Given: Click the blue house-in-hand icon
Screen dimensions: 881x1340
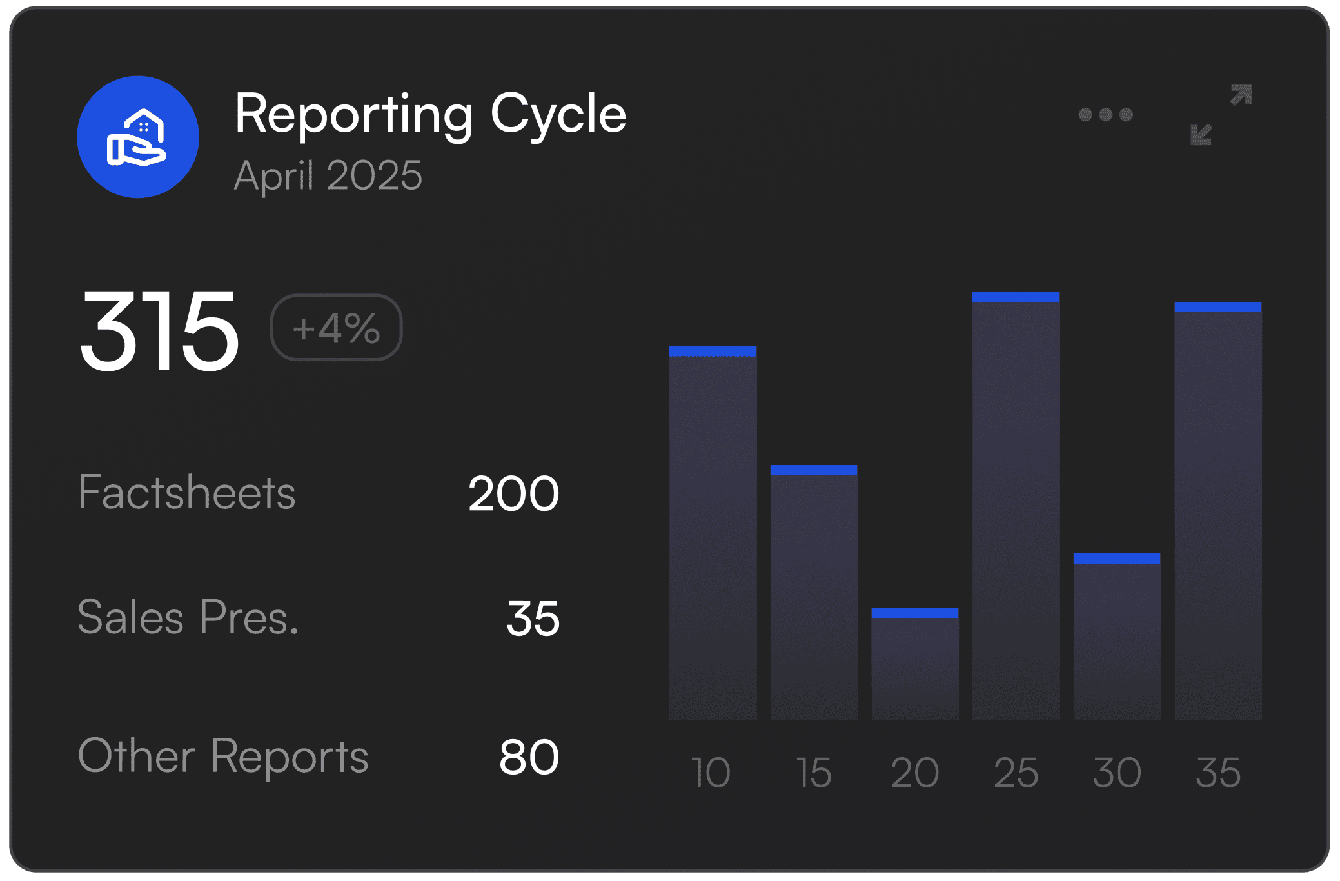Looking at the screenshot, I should (137, 137).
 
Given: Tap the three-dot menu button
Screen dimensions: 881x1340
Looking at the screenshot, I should (1105, 115).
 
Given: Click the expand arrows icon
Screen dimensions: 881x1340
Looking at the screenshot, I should (1221, 115).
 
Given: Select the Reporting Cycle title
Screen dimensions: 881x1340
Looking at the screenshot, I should (430, 114).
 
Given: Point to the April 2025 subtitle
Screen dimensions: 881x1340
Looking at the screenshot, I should (328, 175).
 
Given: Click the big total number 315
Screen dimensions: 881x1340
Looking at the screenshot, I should (159, 330).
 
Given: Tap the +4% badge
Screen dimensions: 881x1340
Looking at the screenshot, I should (336, 328).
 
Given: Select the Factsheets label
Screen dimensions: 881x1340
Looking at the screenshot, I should (187, 492).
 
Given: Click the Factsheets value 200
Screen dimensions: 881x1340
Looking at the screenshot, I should (513, 494).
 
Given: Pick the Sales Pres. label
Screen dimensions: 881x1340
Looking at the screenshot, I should (188, 617).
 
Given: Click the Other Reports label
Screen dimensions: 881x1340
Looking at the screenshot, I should (223, 756).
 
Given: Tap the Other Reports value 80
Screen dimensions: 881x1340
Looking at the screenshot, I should (529, 757).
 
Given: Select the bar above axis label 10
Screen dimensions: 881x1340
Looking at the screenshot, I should (713, 535).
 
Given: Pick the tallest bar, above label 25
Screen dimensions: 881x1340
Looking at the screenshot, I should (1016, 510).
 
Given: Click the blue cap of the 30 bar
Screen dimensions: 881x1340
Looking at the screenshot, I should (1117, 559).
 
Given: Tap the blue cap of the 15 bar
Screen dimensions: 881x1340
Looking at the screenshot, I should (814, 470).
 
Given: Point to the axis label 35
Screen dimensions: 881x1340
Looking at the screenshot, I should (1217, 772).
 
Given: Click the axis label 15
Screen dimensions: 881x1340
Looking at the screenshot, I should (814, 772).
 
